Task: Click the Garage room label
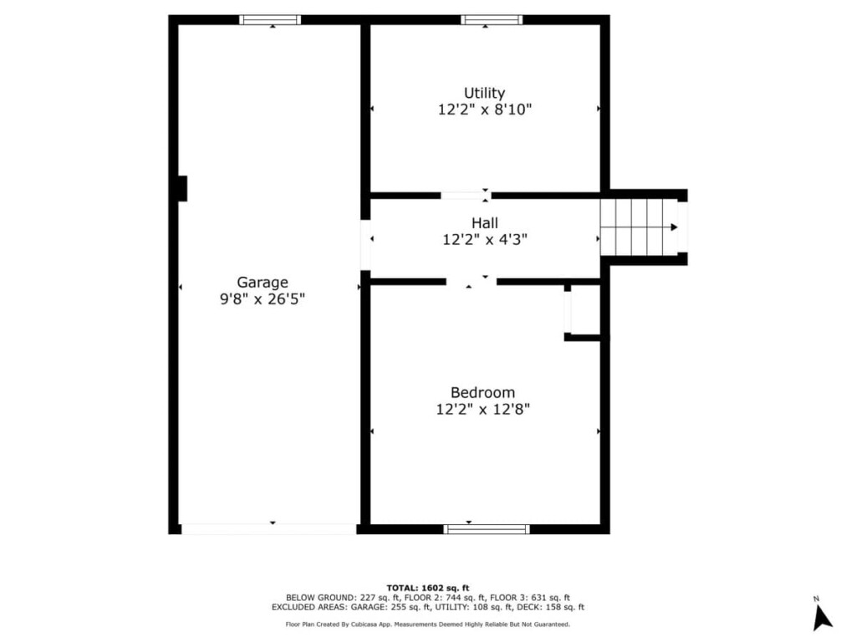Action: point(262,283)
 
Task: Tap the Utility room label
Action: point(484,93)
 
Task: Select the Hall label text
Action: point(485,222)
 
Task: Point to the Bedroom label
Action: point(482,393)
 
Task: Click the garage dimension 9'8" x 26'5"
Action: point(262,299)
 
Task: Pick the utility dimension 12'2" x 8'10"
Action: point(484,110)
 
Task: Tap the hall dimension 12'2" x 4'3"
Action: point(485,240)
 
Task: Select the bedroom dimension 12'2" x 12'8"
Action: point(482,409)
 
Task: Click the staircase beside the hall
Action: point(639,227)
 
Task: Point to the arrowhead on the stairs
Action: point(675,227)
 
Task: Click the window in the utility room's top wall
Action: point(492,20)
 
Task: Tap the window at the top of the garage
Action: point(270,20)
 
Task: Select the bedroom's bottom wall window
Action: point(487,529)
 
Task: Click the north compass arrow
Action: point(821,618)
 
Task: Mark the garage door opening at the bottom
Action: point(268,529)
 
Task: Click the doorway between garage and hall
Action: point(365,245)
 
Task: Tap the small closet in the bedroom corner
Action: point(583,310)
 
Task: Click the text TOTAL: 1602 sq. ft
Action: point(428,588)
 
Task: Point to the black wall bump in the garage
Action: point(183,188)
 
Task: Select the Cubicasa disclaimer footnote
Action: point(427,624)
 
